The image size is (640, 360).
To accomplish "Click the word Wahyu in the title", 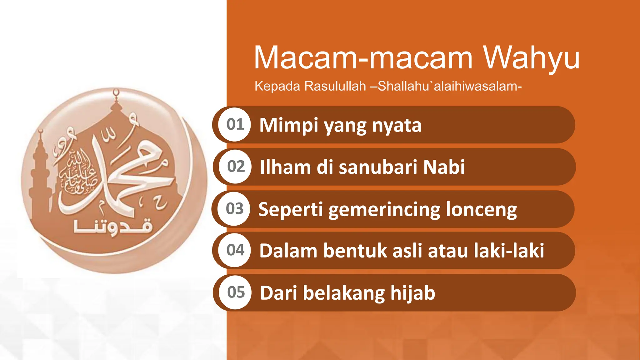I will (531, 58).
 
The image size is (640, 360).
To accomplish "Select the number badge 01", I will (235, 125).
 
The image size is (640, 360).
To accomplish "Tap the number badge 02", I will (236, 167).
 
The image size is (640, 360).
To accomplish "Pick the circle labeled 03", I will (235, 209).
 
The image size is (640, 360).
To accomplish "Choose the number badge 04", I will (235, 250).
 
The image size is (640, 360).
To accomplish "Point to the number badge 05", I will (236, 292).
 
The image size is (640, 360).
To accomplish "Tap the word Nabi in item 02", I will (444, 167).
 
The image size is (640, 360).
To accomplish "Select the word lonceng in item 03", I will (481, 210).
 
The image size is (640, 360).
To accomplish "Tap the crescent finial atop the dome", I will (116, 92).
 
